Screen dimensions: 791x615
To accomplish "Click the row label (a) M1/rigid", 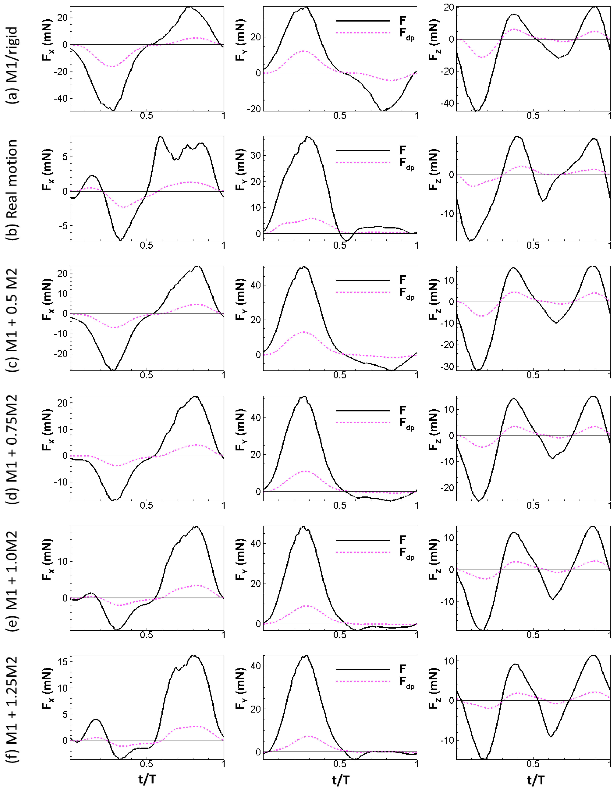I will click(13, 65).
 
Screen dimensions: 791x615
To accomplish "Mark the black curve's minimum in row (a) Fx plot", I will click(114, 110).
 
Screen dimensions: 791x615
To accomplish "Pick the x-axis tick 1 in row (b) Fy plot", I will click(417, 246).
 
